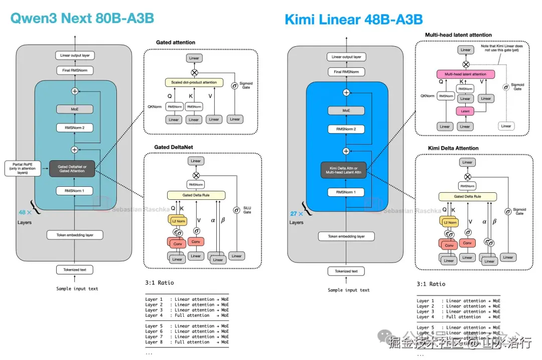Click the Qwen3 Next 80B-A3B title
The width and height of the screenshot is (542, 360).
(x=82, y=19)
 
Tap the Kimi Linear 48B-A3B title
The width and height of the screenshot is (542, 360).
(x=353, y=20)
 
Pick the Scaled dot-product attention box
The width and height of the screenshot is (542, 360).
(x=194, y=82)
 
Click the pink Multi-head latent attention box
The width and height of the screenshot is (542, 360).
(x=465, y=74)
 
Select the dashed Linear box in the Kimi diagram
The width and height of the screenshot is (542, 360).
(x=506, y=126)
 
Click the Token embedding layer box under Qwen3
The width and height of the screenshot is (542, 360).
(x=74, y=234)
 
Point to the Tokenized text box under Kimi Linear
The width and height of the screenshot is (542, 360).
(x=346, y=271)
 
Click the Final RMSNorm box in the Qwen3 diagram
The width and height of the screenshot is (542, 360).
(x=74, y=70)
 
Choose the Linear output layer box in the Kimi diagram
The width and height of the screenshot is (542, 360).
(x=346, y=57)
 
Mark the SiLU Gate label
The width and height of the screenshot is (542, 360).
(x=247, y=210)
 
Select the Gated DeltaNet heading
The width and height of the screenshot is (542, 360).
(x=174, y=147)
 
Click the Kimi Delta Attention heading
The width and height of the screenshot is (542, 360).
(x=453, y=148)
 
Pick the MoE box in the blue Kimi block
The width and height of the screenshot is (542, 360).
(x=346, y=110)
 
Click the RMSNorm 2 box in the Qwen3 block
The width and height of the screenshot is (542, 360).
(x=74, y=128)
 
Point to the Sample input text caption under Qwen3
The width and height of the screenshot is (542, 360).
(x=77, y=289)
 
